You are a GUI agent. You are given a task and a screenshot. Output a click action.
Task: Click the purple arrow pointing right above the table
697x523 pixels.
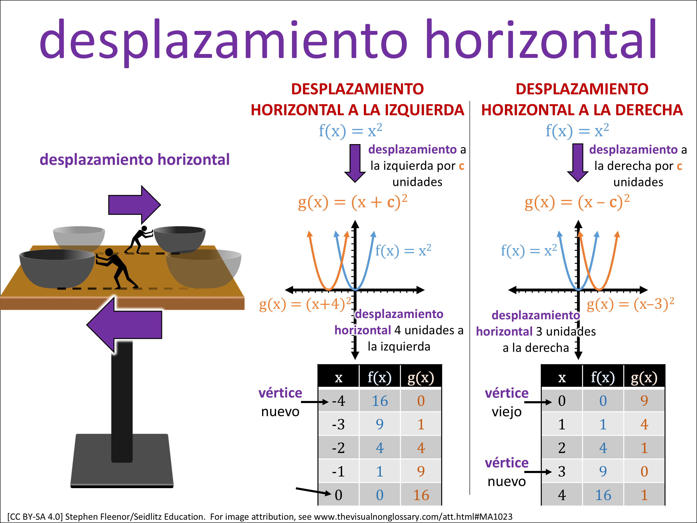tap(134, 205)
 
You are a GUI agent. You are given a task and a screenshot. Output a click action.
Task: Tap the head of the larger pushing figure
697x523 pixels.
tap(109, 252)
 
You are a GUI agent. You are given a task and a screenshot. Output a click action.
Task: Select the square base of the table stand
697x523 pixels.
tap(122, 460)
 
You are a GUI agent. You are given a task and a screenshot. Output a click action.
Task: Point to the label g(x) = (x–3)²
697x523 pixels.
tap(630, 304)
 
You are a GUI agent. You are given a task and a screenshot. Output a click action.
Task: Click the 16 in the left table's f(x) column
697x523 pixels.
tap(380, 401)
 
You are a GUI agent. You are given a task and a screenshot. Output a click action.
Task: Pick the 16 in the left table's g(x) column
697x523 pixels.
tap(421, 495)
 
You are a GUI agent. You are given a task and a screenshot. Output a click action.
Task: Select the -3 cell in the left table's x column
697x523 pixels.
tap(339, 424)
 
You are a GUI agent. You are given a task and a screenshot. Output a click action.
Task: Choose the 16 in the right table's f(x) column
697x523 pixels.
tap(603, 495)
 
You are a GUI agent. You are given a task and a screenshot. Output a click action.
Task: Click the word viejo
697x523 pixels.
tap(507, 412)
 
